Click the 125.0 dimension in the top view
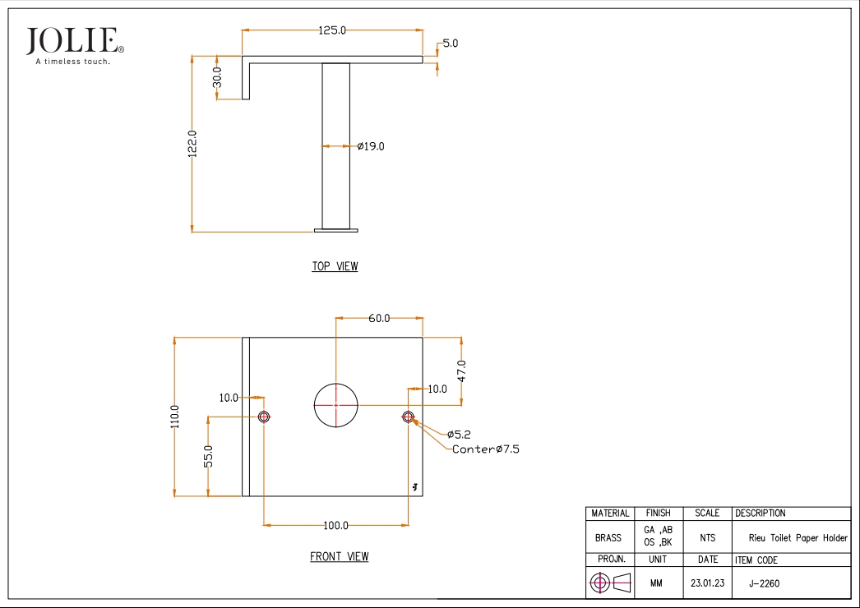pyautogui.click(x=332, y=30)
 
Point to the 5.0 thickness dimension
pyautogui.click(x=451, y=44)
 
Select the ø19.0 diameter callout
pyautogui.click(x=371, y=146)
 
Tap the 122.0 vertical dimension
pyautogui.click(x=192, y=144)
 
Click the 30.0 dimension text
pyautogui.click(x=217, y=77)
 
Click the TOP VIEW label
pyautogui.click(x=335, y=266)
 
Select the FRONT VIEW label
pyautogui.click(x=340, y=556)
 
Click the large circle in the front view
pyautogui.click(x=335, y=383)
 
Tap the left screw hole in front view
pyautogui.click(x=264, y=417)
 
